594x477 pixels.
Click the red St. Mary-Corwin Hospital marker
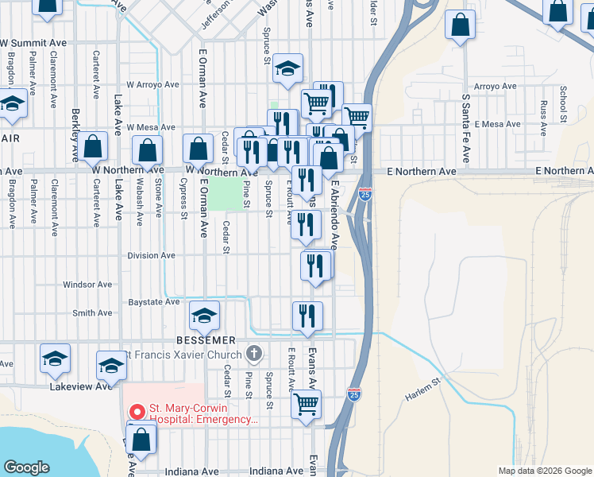pos(137,413)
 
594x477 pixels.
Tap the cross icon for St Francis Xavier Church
pos(254,352)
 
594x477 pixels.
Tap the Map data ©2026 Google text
pos(544,471)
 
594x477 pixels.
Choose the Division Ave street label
pos(151,256)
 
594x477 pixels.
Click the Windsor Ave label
pos(87,285)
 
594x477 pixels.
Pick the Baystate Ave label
pos(153,303)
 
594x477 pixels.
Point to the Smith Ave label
pos(92,313)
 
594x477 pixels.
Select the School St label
pos(562,100)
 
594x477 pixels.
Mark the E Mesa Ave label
pos(496,125)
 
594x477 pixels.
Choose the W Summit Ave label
pos(33,42)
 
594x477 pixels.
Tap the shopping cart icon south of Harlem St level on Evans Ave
pos(307,405)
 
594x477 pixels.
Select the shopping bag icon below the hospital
pos(141,440)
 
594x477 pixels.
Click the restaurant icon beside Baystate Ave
pos(307,316)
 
